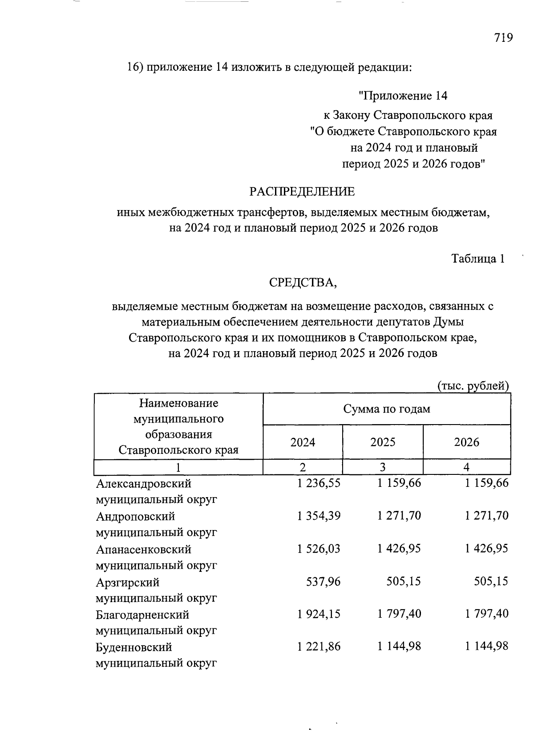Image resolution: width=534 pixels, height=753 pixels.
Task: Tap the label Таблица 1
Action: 478,259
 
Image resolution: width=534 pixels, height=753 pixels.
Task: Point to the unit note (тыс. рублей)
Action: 473,385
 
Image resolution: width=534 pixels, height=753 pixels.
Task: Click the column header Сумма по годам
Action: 386,409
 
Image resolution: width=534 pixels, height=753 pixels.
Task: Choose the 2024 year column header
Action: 303,442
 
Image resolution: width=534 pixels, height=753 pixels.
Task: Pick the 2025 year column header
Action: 383,442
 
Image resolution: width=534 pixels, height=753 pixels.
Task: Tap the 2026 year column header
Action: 466,442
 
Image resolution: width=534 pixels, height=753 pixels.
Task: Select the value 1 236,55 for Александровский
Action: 319,483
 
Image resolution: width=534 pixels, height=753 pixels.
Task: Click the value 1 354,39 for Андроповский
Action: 319,516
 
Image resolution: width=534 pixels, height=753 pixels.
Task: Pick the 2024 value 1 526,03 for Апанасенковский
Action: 319,549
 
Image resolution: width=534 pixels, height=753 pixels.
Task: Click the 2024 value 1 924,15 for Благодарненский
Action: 319,614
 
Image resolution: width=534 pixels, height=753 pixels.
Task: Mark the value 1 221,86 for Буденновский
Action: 319,647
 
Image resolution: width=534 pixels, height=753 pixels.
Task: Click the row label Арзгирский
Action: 127,582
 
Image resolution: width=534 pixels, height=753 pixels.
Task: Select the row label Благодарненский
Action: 142,615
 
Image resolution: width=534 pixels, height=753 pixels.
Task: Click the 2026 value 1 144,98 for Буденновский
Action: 486,647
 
